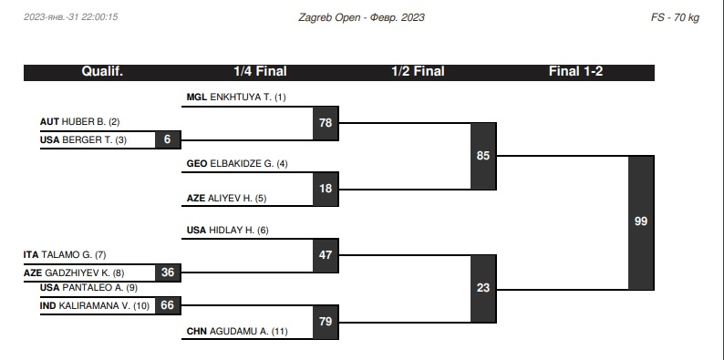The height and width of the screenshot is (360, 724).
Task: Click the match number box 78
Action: (326, 123)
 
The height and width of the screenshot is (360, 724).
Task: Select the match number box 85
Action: (483, 156)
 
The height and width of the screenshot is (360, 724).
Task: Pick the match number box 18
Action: (326, 189)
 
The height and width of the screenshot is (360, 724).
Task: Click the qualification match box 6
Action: (168, 139)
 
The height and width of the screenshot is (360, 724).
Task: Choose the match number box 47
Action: (326, 255)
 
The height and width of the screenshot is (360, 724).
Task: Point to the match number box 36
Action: (168, 273)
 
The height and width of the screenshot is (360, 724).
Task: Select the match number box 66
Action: (168, 305)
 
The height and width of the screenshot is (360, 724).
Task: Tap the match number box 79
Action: (326, 322)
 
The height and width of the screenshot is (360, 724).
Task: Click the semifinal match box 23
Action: (483, 289)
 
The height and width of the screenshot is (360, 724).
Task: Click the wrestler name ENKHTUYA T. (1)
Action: (248, 98)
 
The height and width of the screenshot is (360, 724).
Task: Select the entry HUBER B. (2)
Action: (90, 122)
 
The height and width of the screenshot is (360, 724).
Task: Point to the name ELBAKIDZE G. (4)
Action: (249, 164)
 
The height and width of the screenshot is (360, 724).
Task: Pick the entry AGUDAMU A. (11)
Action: (248, 332)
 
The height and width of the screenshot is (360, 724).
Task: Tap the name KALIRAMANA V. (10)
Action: (104, 305)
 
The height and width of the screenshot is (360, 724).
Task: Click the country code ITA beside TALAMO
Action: (31, 255)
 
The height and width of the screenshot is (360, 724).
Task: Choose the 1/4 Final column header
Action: (260, 71)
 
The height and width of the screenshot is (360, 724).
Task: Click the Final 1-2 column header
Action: (575, 71)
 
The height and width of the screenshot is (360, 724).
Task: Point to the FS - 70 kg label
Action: (675, 18)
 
